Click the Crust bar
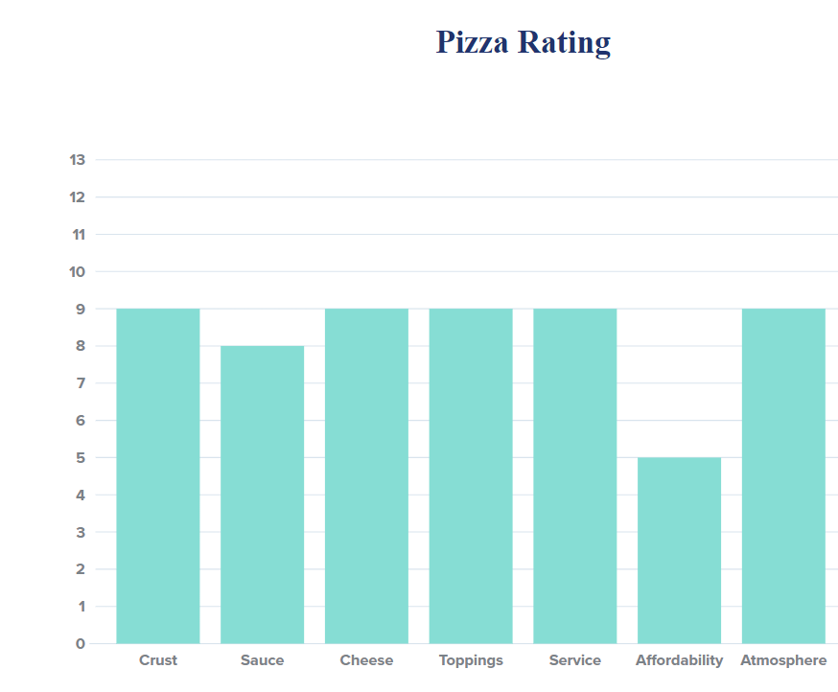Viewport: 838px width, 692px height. coord(158,475)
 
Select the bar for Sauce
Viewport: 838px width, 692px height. coord(262,495)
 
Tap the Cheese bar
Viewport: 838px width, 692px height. coord(366,475)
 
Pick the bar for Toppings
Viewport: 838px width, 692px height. coord(471,475)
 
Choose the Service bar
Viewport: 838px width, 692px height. coord(574,475)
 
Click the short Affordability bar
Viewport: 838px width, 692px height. coord(679,550)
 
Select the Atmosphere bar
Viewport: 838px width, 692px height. coord(783,475)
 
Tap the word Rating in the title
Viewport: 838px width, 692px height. coord(566,42)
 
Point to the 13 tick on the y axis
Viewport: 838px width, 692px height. coord(78,160)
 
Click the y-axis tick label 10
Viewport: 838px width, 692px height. coord(78,272)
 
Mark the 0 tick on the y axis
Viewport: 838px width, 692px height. coord(81,644)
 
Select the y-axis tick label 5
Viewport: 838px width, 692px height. coord(81,458)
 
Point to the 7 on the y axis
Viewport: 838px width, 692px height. coord(81,383)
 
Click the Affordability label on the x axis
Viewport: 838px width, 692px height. coord(679,660)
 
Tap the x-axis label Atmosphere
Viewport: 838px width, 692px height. coord(783,660)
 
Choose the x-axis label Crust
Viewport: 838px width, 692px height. coord(158,660)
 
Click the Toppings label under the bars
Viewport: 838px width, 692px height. coord(471,660)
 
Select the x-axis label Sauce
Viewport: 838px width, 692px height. coord(262,660)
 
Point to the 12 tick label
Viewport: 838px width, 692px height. coord(78,197)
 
